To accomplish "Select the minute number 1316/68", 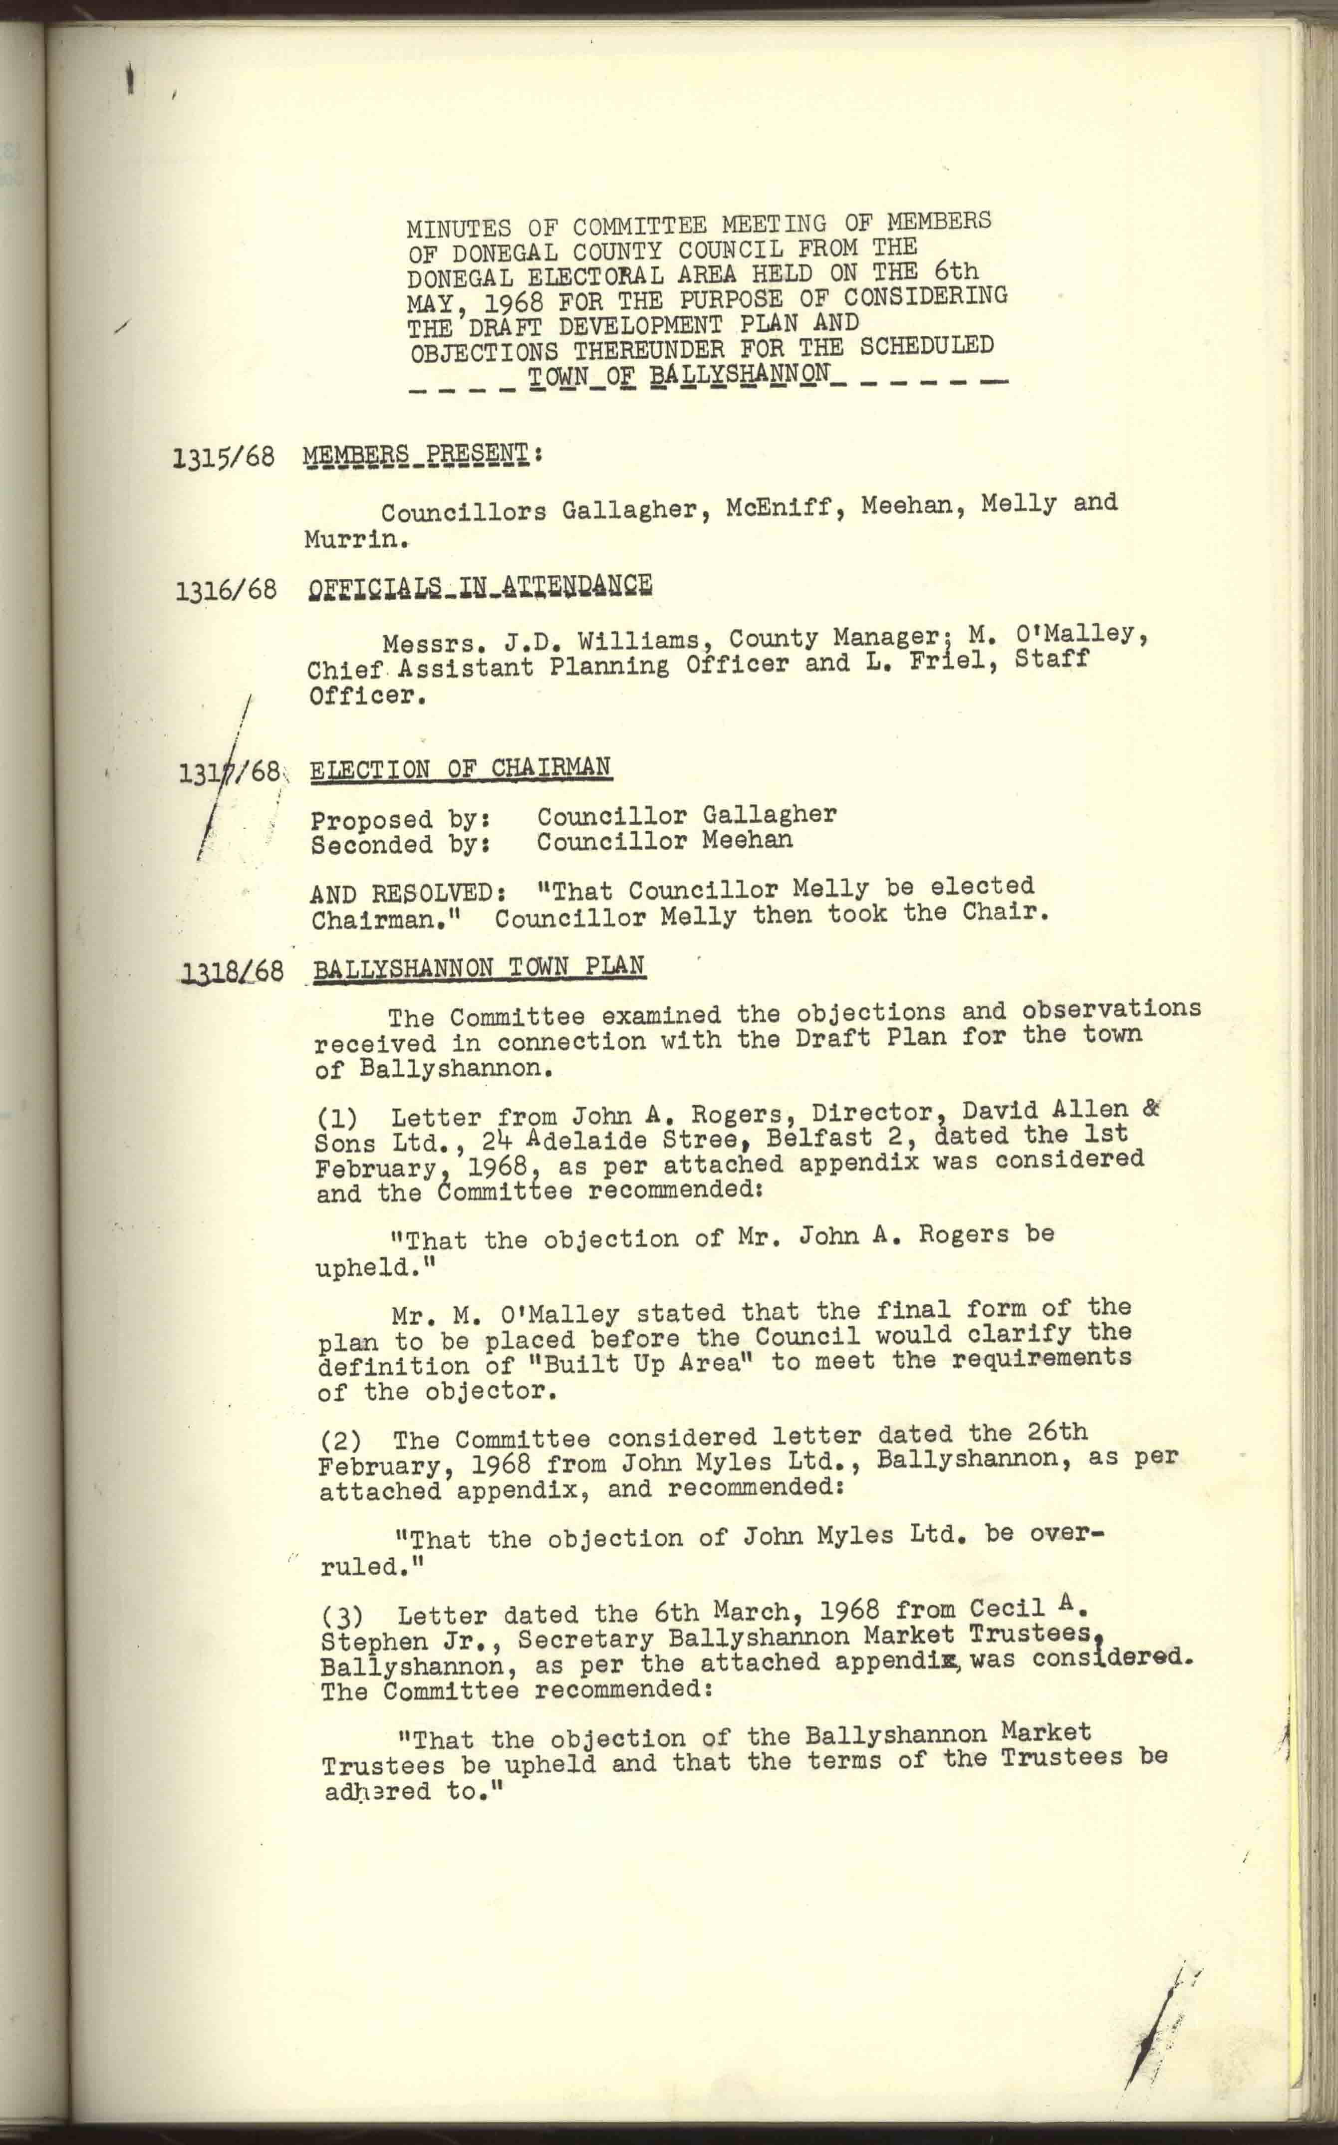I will click(226, 590).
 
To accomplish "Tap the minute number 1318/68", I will click(233, 972).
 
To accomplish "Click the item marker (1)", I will click(336, 1119).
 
